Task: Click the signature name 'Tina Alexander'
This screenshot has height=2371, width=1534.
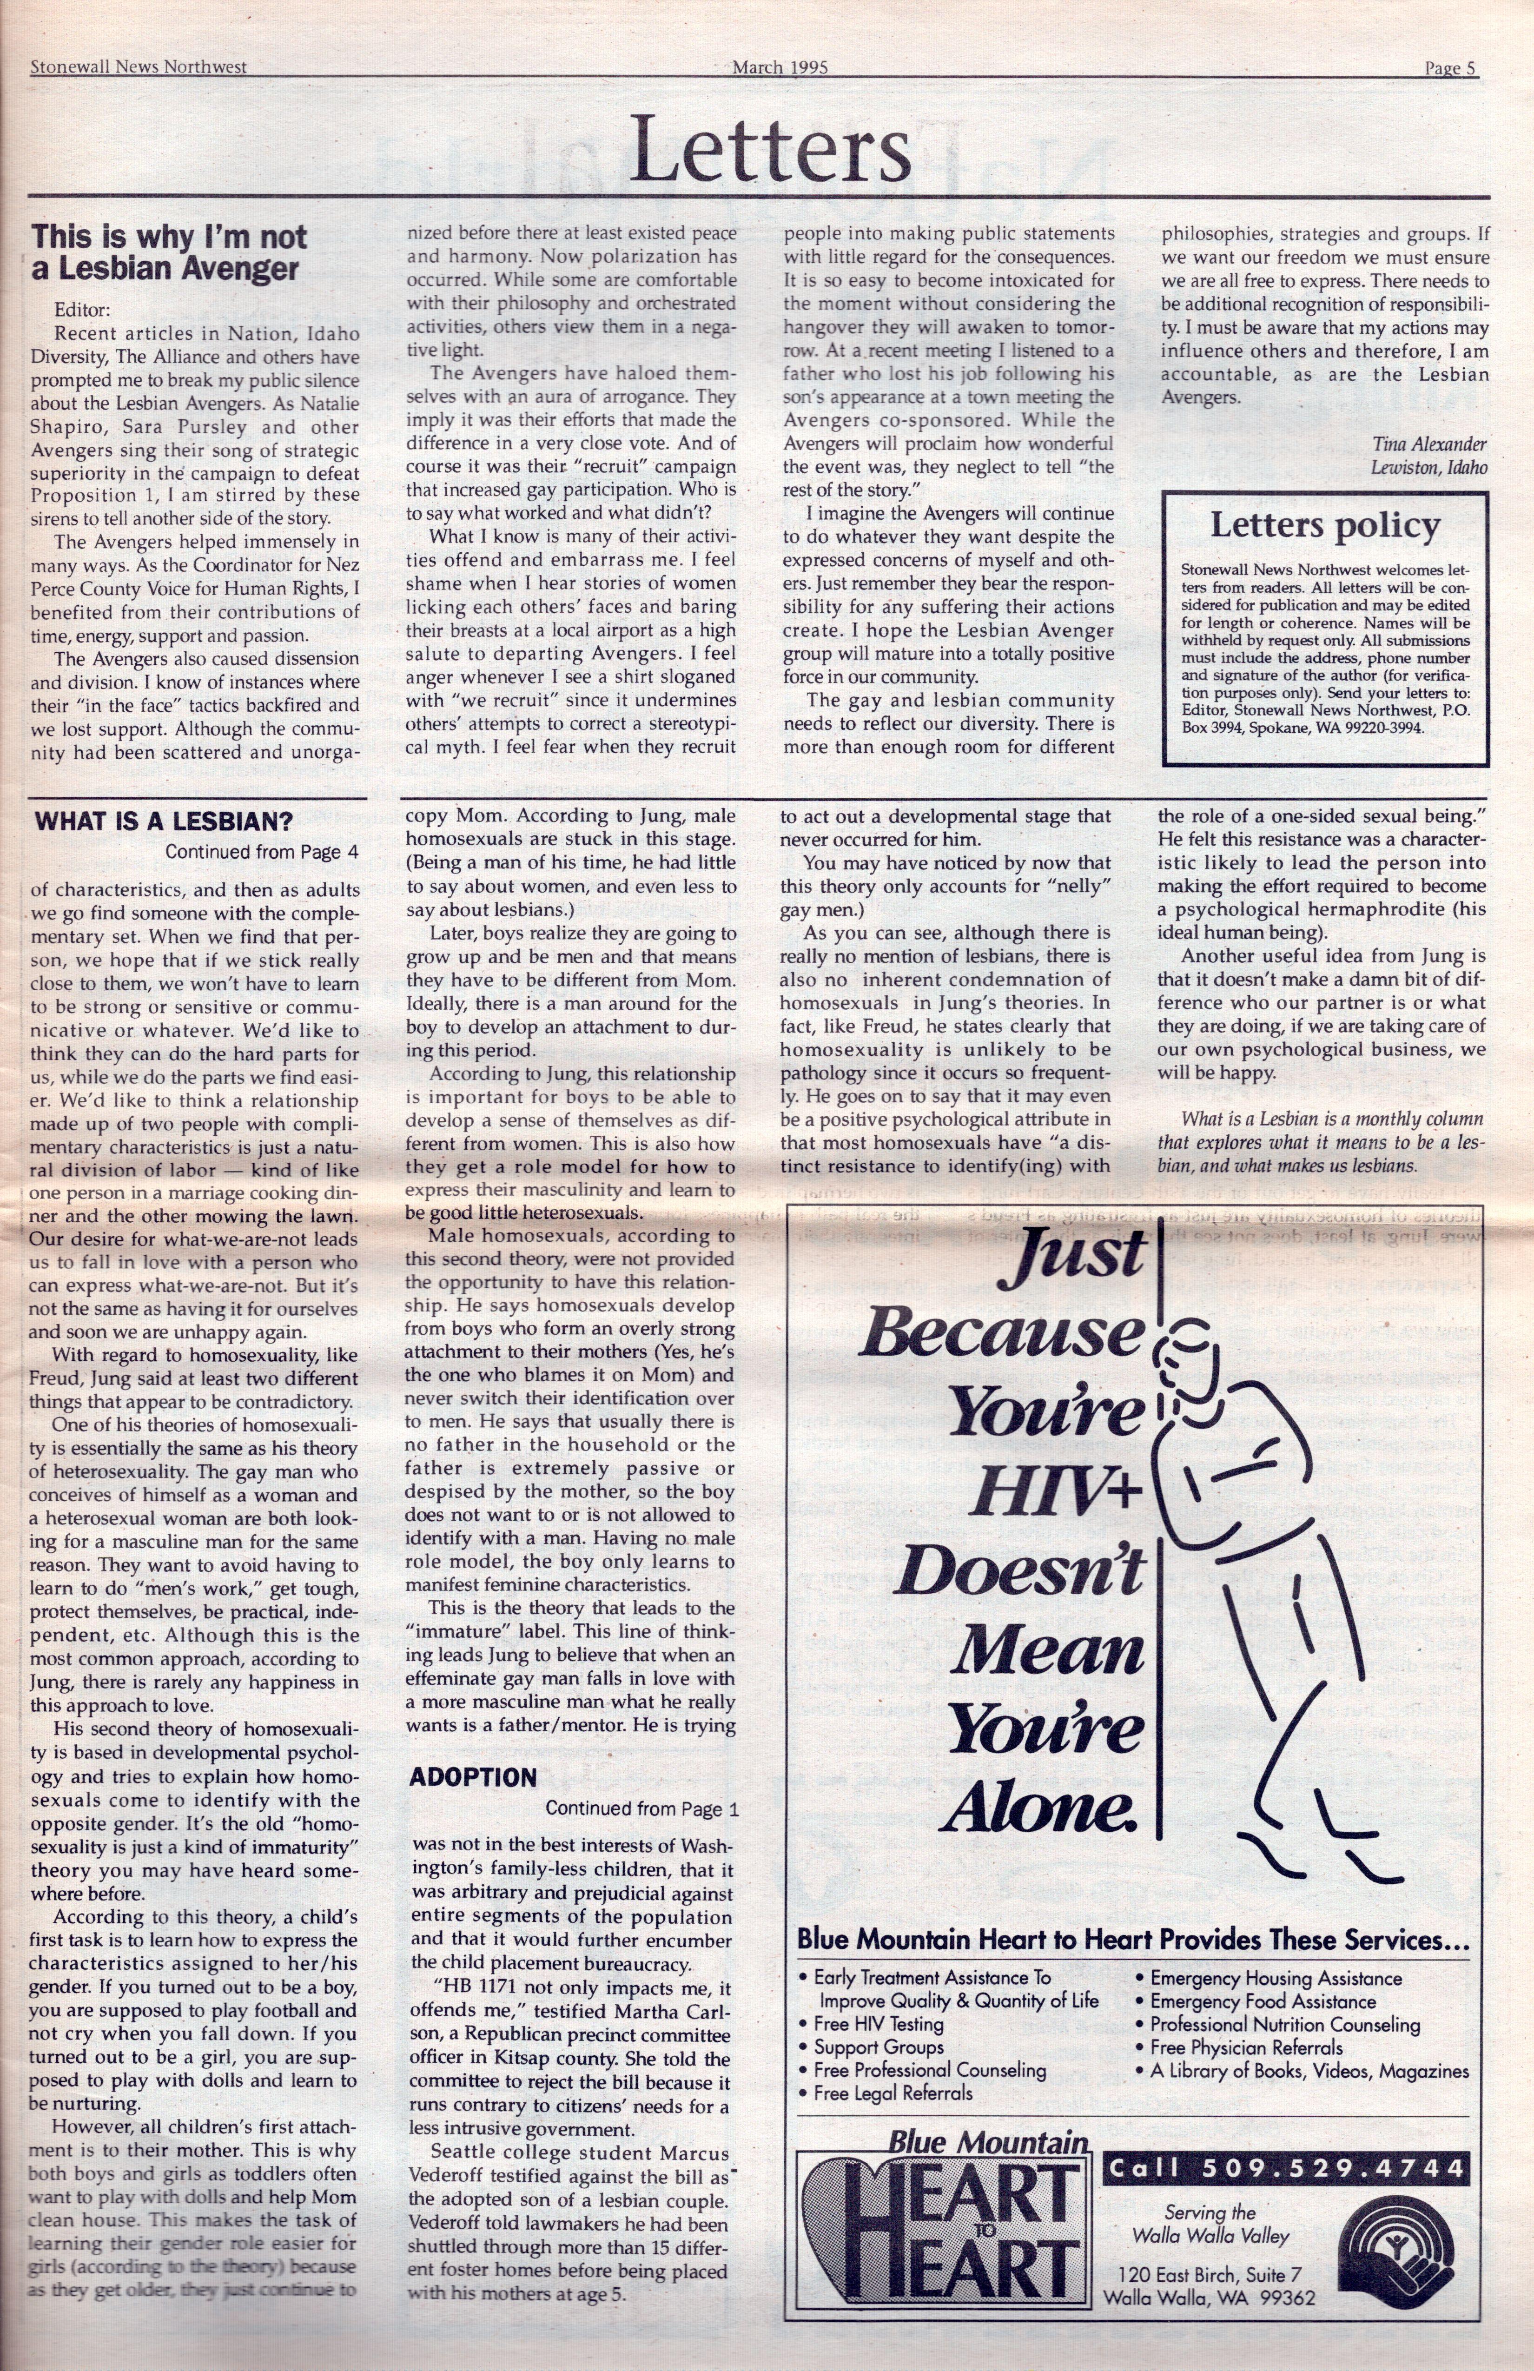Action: (x=1428, y=444)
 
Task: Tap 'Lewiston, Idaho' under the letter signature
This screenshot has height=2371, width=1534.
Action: (x=1428, y=467)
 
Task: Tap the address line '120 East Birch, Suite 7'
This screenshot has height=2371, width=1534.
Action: (x=1209, y=2274)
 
